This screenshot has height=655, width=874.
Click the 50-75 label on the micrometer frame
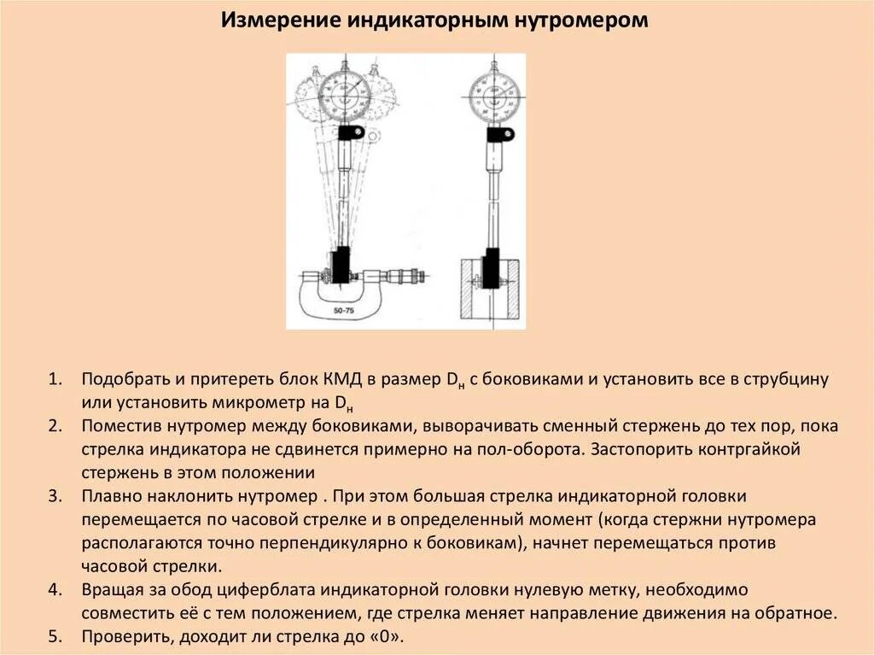coord(344,312)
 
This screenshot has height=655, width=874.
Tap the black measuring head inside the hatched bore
coord(492,269)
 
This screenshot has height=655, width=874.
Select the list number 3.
coord(55,496)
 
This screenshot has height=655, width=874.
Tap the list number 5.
coord(55,637)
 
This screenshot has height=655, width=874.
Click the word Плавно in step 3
coord(109,496)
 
